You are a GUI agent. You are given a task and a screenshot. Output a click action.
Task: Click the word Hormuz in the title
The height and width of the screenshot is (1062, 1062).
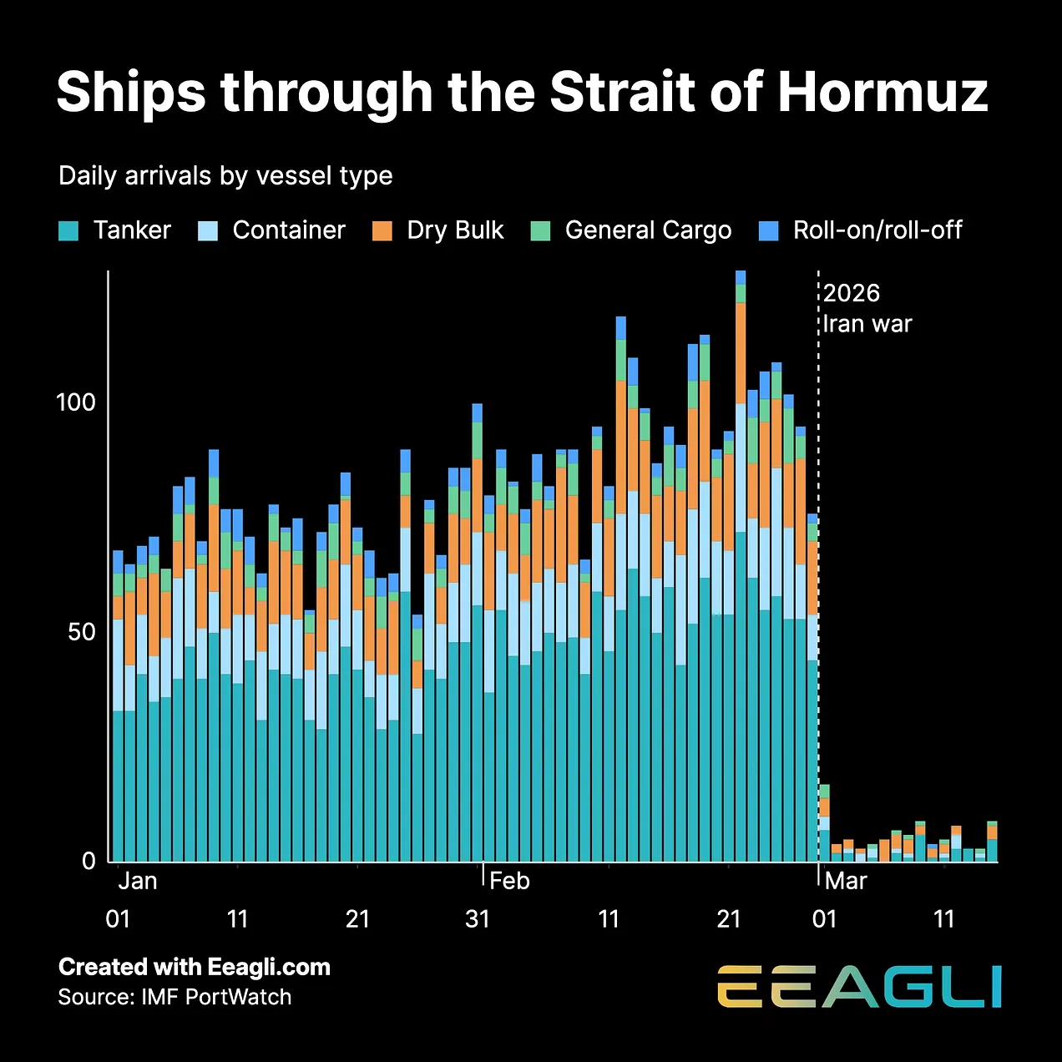click(882, 92)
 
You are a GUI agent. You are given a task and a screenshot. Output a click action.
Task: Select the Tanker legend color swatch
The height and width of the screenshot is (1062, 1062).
click(68, 231)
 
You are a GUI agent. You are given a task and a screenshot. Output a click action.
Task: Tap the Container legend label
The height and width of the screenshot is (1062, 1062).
click(288, 230)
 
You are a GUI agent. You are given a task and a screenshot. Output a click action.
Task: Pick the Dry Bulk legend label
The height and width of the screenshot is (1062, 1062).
click(455, 230)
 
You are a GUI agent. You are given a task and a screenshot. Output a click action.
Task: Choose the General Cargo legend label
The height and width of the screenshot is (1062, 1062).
click(648, 230)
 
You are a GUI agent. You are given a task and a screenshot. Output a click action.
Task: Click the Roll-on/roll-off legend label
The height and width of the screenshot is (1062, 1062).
click(877, 230)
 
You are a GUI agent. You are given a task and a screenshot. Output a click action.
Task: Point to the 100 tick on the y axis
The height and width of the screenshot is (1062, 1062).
click(76, 402)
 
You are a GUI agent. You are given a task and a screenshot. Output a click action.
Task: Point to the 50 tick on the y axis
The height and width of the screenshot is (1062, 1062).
click(82, 632)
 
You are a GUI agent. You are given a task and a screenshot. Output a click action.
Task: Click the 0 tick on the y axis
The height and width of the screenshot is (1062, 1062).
click(89, 862)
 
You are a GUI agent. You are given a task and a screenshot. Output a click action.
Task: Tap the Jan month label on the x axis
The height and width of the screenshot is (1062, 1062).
click(138, 881)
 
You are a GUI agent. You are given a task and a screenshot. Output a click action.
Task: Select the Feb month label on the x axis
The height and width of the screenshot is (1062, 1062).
click(509, 881)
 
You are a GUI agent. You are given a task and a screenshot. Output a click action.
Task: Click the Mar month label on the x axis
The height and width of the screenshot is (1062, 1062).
click(846, 881)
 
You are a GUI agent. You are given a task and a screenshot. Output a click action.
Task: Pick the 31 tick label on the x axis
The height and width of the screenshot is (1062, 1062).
click(478, 919)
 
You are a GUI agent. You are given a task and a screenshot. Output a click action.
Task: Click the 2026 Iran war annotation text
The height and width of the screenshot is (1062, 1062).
click(867, 308)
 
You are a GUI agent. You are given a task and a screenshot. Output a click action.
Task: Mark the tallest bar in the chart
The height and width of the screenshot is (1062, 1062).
click(741, 568)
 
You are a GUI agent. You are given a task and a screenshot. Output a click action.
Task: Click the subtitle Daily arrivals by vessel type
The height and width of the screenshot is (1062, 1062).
click(225, 176)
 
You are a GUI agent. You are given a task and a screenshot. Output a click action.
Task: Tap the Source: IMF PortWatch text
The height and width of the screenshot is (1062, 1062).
click(174, 997)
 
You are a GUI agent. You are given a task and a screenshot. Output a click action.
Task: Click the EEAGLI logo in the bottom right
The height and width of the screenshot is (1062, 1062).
click(859, 987)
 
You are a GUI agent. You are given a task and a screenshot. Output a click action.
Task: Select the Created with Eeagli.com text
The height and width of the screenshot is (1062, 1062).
click(195, 967)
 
